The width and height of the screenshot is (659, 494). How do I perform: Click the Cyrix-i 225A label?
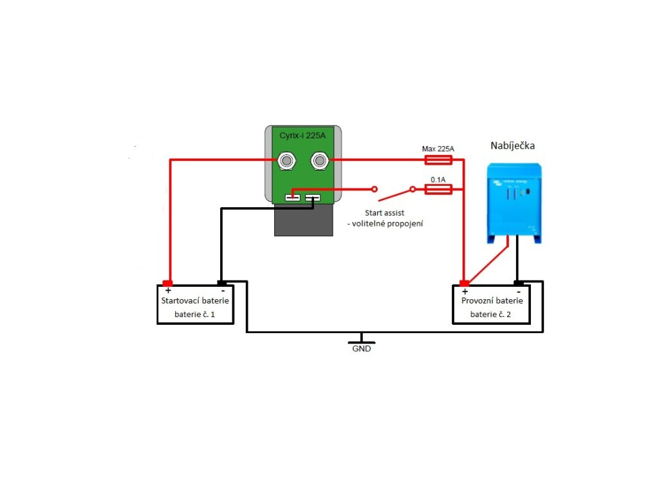[302, 136]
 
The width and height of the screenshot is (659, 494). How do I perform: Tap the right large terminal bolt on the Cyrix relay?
[319, 160]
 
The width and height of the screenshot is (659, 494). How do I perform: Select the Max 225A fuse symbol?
[439, 160]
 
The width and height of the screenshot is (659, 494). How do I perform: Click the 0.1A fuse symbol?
[439, 189]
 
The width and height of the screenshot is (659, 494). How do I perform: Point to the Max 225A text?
[438, 149]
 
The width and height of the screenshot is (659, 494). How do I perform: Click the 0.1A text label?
[438, 179]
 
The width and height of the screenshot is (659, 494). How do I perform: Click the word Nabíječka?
[512, 146]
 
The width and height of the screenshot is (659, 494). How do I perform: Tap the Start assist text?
[384, 214]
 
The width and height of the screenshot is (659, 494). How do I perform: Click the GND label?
[361, 349]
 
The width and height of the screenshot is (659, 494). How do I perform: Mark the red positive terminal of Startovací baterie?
[168, 284]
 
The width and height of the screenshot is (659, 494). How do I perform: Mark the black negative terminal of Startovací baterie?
[221, 283]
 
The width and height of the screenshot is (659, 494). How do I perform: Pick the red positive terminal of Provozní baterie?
[464, 284]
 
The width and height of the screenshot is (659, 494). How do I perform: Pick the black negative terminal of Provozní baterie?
[518, 283]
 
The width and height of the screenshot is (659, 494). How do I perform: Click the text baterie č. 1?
[194, 315]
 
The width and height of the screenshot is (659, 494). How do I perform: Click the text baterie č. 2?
[490, 315]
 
